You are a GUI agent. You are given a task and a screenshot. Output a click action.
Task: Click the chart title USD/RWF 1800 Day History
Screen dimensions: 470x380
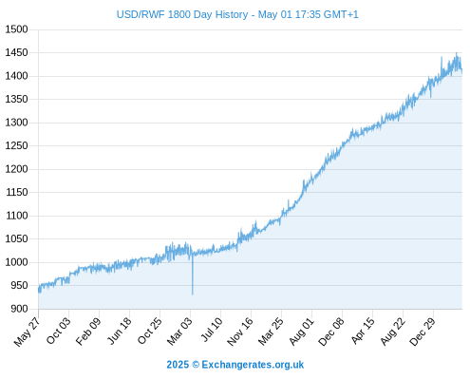182,14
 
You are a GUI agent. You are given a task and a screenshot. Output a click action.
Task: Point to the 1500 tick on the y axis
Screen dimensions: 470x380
16,29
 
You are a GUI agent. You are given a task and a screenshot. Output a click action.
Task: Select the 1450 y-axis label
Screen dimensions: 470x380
16,52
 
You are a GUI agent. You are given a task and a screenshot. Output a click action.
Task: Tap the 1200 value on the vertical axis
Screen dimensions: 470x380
16,169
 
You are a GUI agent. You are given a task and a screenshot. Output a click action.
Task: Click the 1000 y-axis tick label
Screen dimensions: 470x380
16,262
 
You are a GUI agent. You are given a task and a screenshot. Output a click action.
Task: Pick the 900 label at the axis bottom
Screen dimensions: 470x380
19,309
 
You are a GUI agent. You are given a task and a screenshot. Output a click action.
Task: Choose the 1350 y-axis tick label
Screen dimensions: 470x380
16,99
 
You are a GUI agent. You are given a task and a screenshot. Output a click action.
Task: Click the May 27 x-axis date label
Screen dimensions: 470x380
28,332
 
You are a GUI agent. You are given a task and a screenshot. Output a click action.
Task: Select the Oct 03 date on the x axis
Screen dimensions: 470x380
58,331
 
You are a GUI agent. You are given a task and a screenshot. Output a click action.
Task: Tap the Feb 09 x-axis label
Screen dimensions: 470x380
88,331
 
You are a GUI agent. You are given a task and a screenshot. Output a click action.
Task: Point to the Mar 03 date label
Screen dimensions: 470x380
179,331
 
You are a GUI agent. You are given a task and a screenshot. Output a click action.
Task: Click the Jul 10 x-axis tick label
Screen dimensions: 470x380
212,330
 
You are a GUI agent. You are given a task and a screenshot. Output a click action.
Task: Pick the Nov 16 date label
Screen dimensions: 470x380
240,332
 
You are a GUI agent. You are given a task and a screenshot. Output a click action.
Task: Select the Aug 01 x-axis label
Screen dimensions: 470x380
301,331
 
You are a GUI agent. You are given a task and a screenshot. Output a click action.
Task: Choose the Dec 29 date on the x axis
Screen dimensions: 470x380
423,332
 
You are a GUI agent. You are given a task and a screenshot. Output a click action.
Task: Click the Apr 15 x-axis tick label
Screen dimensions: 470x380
363,331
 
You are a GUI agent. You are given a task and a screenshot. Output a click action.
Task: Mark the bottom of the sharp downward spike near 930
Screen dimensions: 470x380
193,294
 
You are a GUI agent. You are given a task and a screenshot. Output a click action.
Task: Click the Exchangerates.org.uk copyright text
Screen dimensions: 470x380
253,365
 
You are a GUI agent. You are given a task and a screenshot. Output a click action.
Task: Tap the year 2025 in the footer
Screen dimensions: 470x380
178,365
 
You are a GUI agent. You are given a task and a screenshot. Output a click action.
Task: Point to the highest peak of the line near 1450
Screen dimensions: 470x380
457,53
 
